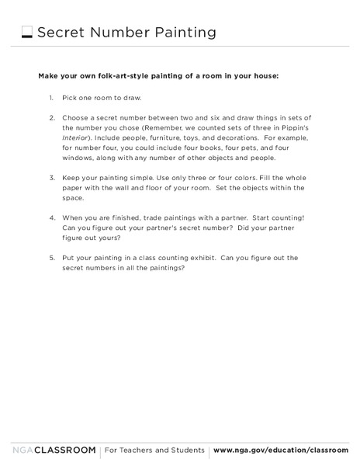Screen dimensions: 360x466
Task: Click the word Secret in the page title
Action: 62,33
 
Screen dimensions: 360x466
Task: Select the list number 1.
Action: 50,98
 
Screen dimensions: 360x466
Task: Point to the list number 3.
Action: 51,178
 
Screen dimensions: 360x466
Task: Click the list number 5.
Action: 51,258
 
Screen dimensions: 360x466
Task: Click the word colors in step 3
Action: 236,178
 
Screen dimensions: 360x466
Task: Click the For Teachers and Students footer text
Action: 154,450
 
